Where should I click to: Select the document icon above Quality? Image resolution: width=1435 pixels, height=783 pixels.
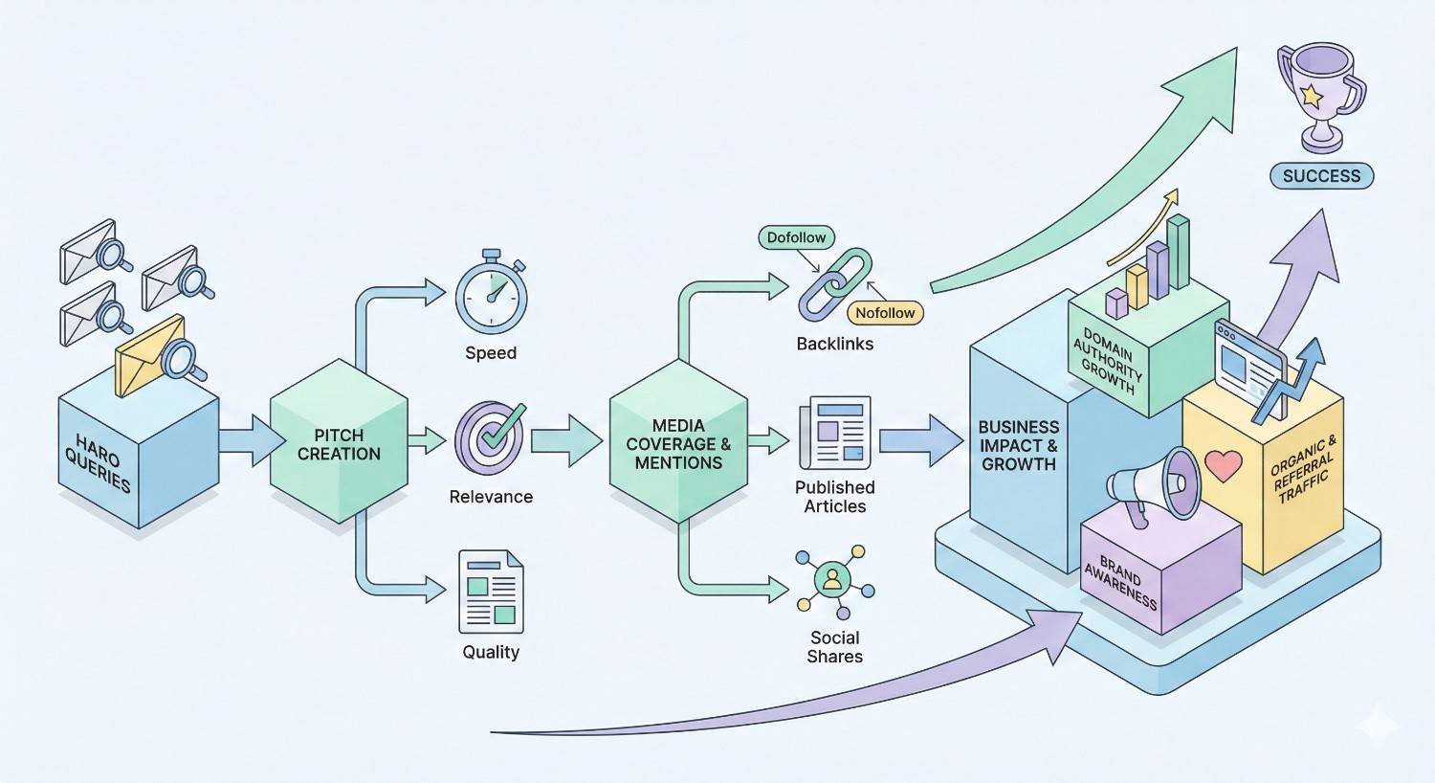click(x=492, y=592)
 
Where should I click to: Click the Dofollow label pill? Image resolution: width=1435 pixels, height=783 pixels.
click(x=796, y=237)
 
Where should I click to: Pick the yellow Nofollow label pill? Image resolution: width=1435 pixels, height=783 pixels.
click(x=885, y=313)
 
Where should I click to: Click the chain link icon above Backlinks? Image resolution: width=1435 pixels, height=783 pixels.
click(x=835, y=284)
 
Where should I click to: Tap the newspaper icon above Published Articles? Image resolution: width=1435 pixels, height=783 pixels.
click(x=834, y=433)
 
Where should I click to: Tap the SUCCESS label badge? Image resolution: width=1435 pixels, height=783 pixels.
click(x=1321, y=176)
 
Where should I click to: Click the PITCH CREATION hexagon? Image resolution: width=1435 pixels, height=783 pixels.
click(x=339, y=443)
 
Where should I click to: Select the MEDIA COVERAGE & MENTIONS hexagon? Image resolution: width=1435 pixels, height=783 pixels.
click(x=678, y=443)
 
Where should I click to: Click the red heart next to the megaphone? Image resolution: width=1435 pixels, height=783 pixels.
click(x=1223, y=466)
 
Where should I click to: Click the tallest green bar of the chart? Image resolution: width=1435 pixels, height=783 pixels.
click(x=1179, y=251)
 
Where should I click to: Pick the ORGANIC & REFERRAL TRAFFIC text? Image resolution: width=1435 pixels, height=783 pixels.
click(x=1303, y=468)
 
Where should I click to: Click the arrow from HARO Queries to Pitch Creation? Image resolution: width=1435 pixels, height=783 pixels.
click(x=252, y=440)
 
